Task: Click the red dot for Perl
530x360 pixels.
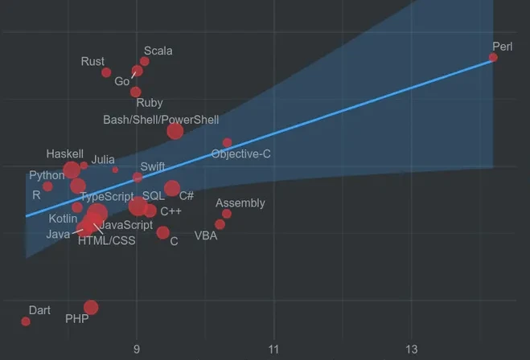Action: [x=493, y=57]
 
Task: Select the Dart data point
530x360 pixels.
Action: [x=26, y=321]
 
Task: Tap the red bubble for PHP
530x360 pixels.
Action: [x=91, y=308]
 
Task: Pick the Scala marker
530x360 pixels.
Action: [x=145, y=61]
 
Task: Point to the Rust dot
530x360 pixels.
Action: [x=106, y=72]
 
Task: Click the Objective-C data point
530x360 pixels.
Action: [x=227, y=142]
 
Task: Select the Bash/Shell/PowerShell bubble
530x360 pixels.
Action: [x=175, y=131]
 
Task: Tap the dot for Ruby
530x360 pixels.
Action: [x=136, y=92]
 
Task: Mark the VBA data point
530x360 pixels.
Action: [x=220, y=224]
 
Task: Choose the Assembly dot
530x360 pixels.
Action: [x=227, y=214]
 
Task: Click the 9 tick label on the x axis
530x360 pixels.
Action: [x=137, y=350]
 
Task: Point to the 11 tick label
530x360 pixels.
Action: [x=273, y=350]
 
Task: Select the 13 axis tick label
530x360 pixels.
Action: [x=411, y=350]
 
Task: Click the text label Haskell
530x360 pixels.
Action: [x=65, y=154]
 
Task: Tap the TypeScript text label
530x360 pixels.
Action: [x=107, y=197]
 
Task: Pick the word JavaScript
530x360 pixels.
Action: [x=126, y=225]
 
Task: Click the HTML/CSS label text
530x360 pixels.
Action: [x=107, y=240]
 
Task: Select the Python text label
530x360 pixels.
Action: [x=47, y=175]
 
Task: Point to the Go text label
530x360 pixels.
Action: [x=122, y=81]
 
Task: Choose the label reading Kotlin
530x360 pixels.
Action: [x=63, y=219]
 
